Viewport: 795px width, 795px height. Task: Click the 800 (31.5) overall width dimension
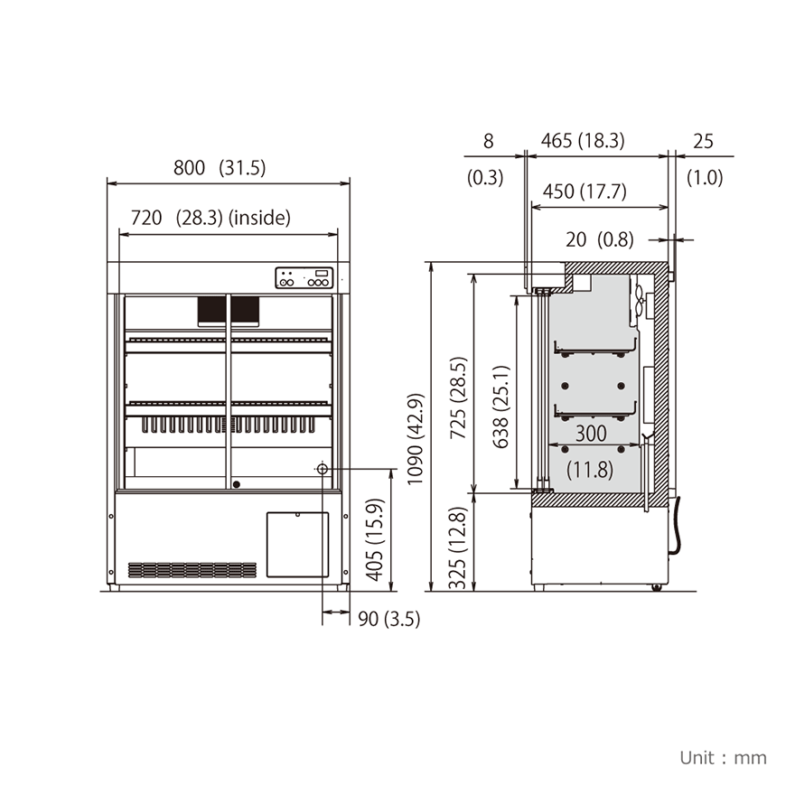pyautogui.click(x=220, y=167)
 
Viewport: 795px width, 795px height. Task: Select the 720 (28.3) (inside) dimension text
pyautogui.click(x=210, y=217)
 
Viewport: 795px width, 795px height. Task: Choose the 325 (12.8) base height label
pyautogui.click(x=459, y=547)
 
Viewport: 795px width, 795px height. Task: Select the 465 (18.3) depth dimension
pyautogui.click(x=583, y=141)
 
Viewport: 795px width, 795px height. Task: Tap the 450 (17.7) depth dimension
pyautogui.click(x=585, y=192)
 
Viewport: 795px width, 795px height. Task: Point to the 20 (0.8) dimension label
pyautogui.click(x=599, y=239)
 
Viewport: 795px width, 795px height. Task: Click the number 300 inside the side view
pyautogui.click(x=591, y=434)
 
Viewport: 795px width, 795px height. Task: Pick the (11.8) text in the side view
pyautogui.click(x=590, y=470)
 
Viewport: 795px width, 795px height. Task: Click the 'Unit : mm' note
pyautogui.click(x=723, y=757)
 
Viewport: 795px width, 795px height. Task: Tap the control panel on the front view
pyautogui.click(x=304, y=278)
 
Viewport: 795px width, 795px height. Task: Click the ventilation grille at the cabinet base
pyautogui.click(x=192, y=570)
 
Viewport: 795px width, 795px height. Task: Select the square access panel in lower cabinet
pyautogui.click(x=297, y=544)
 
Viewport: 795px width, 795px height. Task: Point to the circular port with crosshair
pyautogui.click(x=322, y=469)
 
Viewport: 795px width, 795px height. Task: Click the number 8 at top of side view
pyautogui.click(x=489, y=141)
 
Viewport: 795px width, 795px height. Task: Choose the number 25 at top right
pyautogui.click(x=703, y=141)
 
